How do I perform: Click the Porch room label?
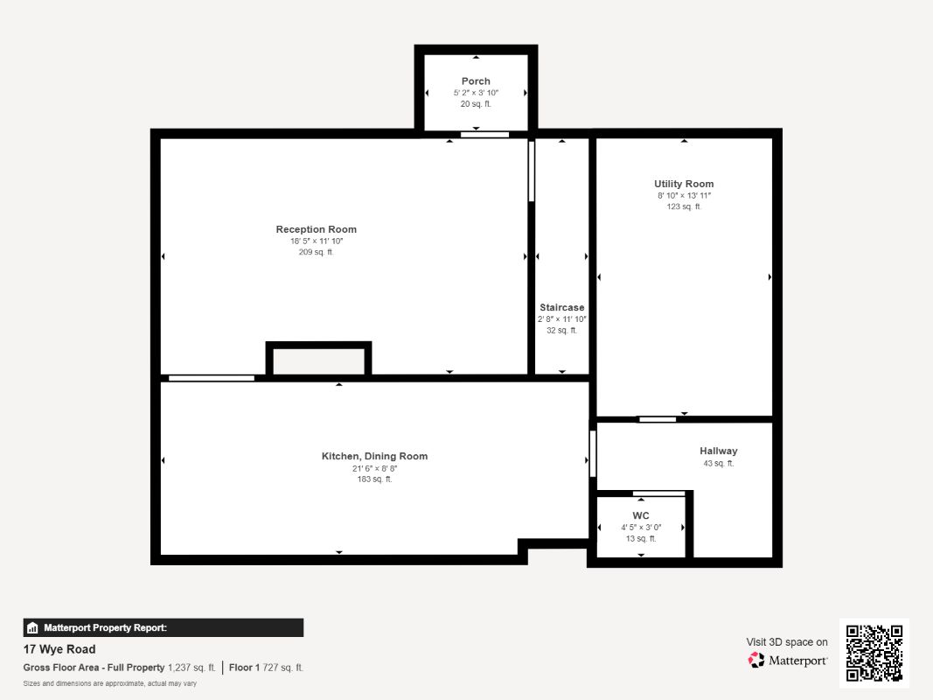coord(476,81)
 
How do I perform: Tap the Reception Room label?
coord(316,229)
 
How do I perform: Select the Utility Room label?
coord(684,184)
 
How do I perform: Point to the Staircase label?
coord(561,308)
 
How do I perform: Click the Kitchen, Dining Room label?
coord(374,456)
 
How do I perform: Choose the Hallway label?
coord(718,451)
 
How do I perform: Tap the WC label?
coord(641,515)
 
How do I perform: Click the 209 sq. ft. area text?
coord(316,252)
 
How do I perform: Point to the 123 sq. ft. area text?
coord(684,206)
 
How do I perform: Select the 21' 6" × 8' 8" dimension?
coord(374,468)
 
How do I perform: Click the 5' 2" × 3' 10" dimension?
coord(476,93)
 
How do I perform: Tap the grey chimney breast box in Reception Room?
coord(319,361)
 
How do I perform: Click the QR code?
coord(874,653)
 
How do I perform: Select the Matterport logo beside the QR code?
coord(787,660)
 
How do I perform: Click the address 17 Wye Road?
coord(59,649)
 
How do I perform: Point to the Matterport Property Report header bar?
coord(163,627)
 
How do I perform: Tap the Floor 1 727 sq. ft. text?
coord(266,668)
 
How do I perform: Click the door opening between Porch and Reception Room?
coord(485,135)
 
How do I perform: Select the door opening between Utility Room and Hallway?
coord(658,420)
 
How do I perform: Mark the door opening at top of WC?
coord(658,493)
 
